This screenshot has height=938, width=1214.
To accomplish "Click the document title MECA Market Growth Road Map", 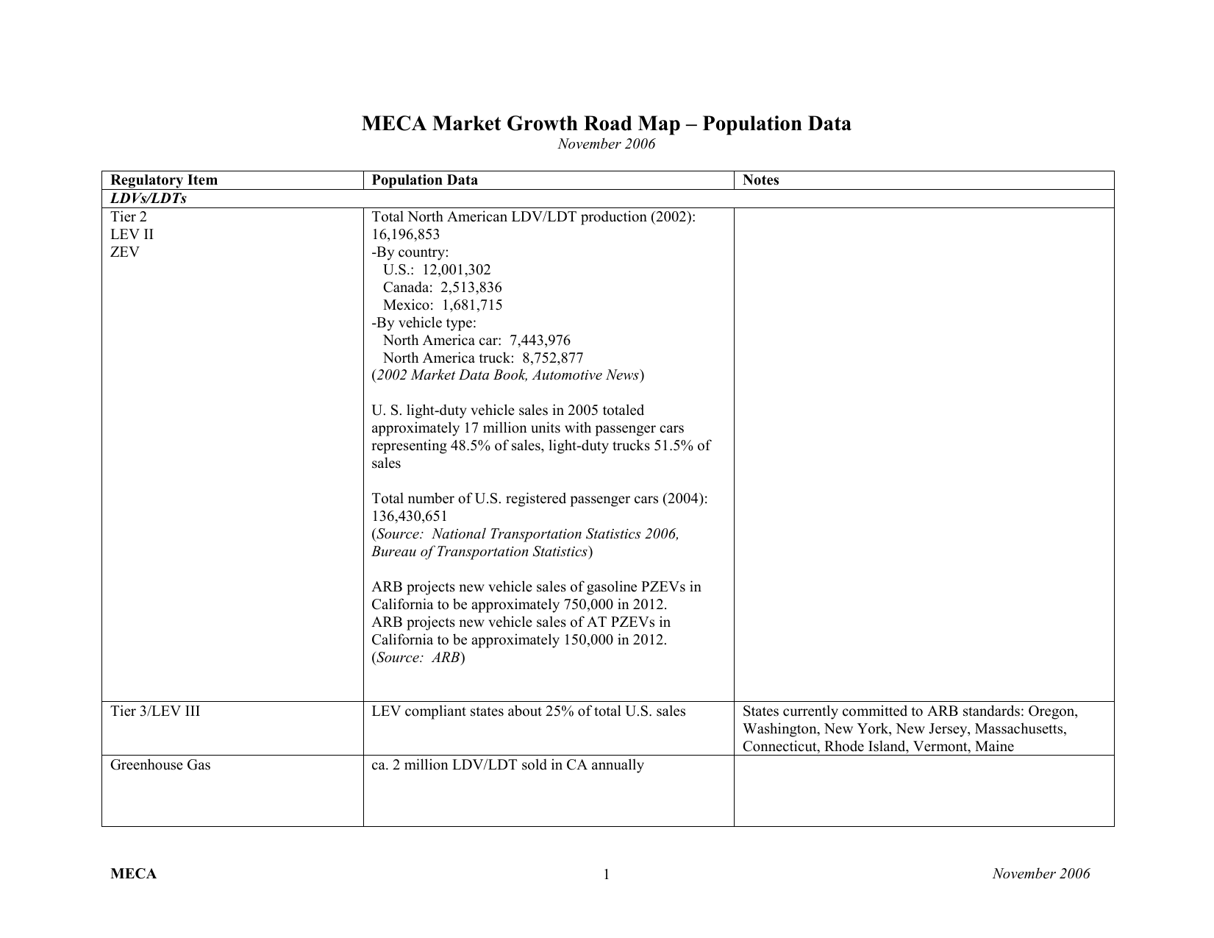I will [606, 124].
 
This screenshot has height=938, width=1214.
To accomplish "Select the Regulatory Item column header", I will [164, 180].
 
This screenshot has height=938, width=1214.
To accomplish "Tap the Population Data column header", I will [424, 180].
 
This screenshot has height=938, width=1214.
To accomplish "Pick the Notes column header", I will [760, 180].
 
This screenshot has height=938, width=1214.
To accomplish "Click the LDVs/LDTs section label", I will [149, 199].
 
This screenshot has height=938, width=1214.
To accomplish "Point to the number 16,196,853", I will [406, 235].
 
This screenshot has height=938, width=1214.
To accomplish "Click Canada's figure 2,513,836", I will [471, 288].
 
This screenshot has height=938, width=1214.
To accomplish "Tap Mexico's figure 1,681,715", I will [472, 305].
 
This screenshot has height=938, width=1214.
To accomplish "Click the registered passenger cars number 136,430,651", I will [410, 516].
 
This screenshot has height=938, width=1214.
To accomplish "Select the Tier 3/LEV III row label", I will [155, 711].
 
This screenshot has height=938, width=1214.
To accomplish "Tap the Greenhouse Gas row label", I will [160, 765].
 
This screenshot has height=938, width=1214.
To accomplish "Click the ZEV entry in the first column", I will [124, 252].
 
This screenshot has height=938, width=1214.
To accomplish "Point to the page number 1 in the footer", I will [607, 875].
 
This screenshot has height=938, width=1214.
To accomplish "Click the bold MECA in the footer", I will [133, 874].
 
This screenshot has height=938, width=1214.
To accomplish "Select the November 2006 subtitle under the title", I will [606, 144].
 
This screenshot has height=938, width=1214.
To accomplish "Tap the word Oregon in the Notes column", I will [1052, 711].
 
